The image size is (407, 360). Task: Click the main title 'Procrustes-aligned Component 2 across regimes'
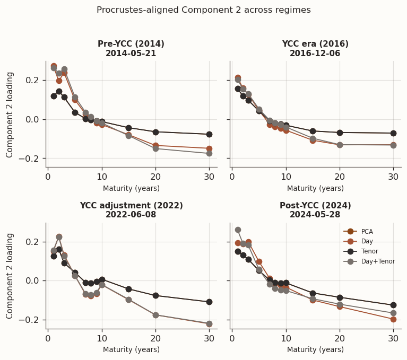[x=204, y=10]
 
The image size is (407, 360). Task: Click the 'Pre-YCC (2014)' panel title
[x=131, y=44]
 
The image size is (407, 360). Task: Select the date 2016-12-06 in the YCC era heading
[x=315, y=54]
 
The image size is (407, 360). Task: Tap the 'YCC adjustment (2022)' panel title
[x=131, y=206]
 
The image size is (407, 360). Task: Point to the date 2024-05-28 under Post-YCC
[x=315, y=215]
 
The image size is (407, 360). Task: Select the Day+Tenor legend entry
[x=377, y=261]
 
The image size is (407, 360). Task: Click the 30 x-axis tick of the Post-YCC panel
[x=393, y=339]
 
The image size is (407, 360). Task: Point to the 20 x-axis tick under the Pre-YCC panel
[x=155, y=177]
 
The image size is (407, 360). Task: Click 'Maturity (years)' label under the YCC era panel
[x=315, y=188]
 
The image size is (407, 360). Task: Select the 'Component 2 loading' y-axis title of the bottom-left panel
[x=10, y=276]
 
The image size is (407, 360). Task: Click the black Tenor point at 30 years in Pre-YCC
[x=209, y=135]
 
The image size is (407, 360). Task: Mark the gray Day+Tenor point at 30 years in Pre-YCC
[x=209, y=153]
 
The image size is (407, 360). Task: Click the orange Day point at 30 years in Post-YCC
[x=393, y=319]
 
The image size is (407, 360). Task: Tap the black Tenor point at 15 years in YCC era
[x=313, y=131]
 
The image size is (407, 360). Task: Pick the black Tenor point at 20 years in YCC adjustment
[x=155, y=295]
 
